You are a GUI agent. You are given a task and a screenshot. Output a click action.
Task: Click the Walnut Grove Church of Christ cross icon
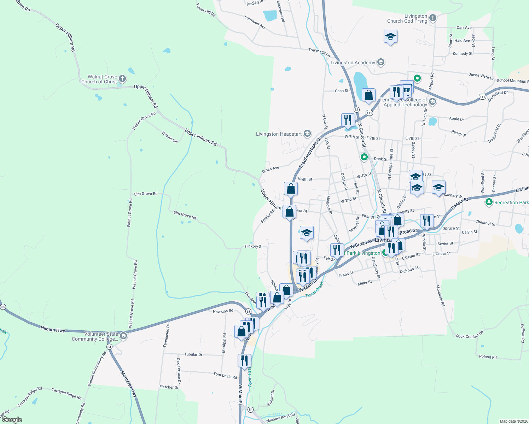point(122,79)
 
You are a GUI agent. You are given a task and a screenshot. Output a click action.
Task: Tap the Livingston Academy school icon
point(381,63)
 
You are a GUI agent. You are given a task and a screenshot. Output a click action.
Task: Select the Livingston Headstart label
point(279,134)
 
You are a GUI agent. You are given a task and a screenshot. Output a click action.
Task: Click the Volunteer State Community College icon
point(123,336)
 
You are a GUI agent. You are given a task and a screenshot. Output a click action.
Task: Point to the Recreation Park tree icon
point(489,202)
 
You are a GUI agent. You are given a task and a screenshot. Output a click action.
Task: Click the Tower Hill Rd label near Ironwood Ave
point(319,52)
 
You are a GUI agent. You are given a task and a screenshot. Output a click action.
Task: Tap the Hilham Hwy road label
point(53,330)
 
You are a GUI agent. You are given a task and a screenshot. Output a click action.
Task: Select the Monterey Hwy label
point(129,384)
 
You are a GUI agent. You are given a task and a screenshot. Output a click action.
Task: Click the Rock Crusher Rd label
point(469,335)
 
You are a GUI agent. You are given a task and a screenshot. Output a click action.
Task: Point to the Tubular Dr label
point(193,354)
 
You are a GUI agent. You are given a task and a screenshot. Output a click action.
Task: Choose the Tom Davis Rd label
point(225,375)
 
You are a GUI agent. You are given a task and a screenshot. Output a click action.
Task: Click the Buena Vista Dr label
point(481,76)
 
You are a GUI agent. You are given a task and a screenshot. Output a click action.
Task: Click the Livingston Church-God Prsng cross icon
point(432,18)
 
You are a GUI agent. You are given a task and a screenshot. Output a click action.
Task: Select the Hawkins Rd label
point(223,311)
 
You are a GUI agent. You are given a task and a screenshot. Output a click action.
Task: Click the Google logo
point(12,420)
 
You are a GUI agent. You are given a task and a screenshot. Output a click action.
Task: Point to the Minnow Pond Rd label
point(281,418)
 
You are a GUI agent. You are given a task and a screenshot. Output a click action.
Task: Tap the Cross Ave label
point(271,169)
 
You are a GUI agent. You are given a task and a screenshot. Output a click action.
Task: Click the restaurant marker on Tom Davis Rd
point(244,361)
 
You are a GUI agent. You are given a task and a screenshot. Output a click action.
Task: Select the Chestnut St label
point(486,223)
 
